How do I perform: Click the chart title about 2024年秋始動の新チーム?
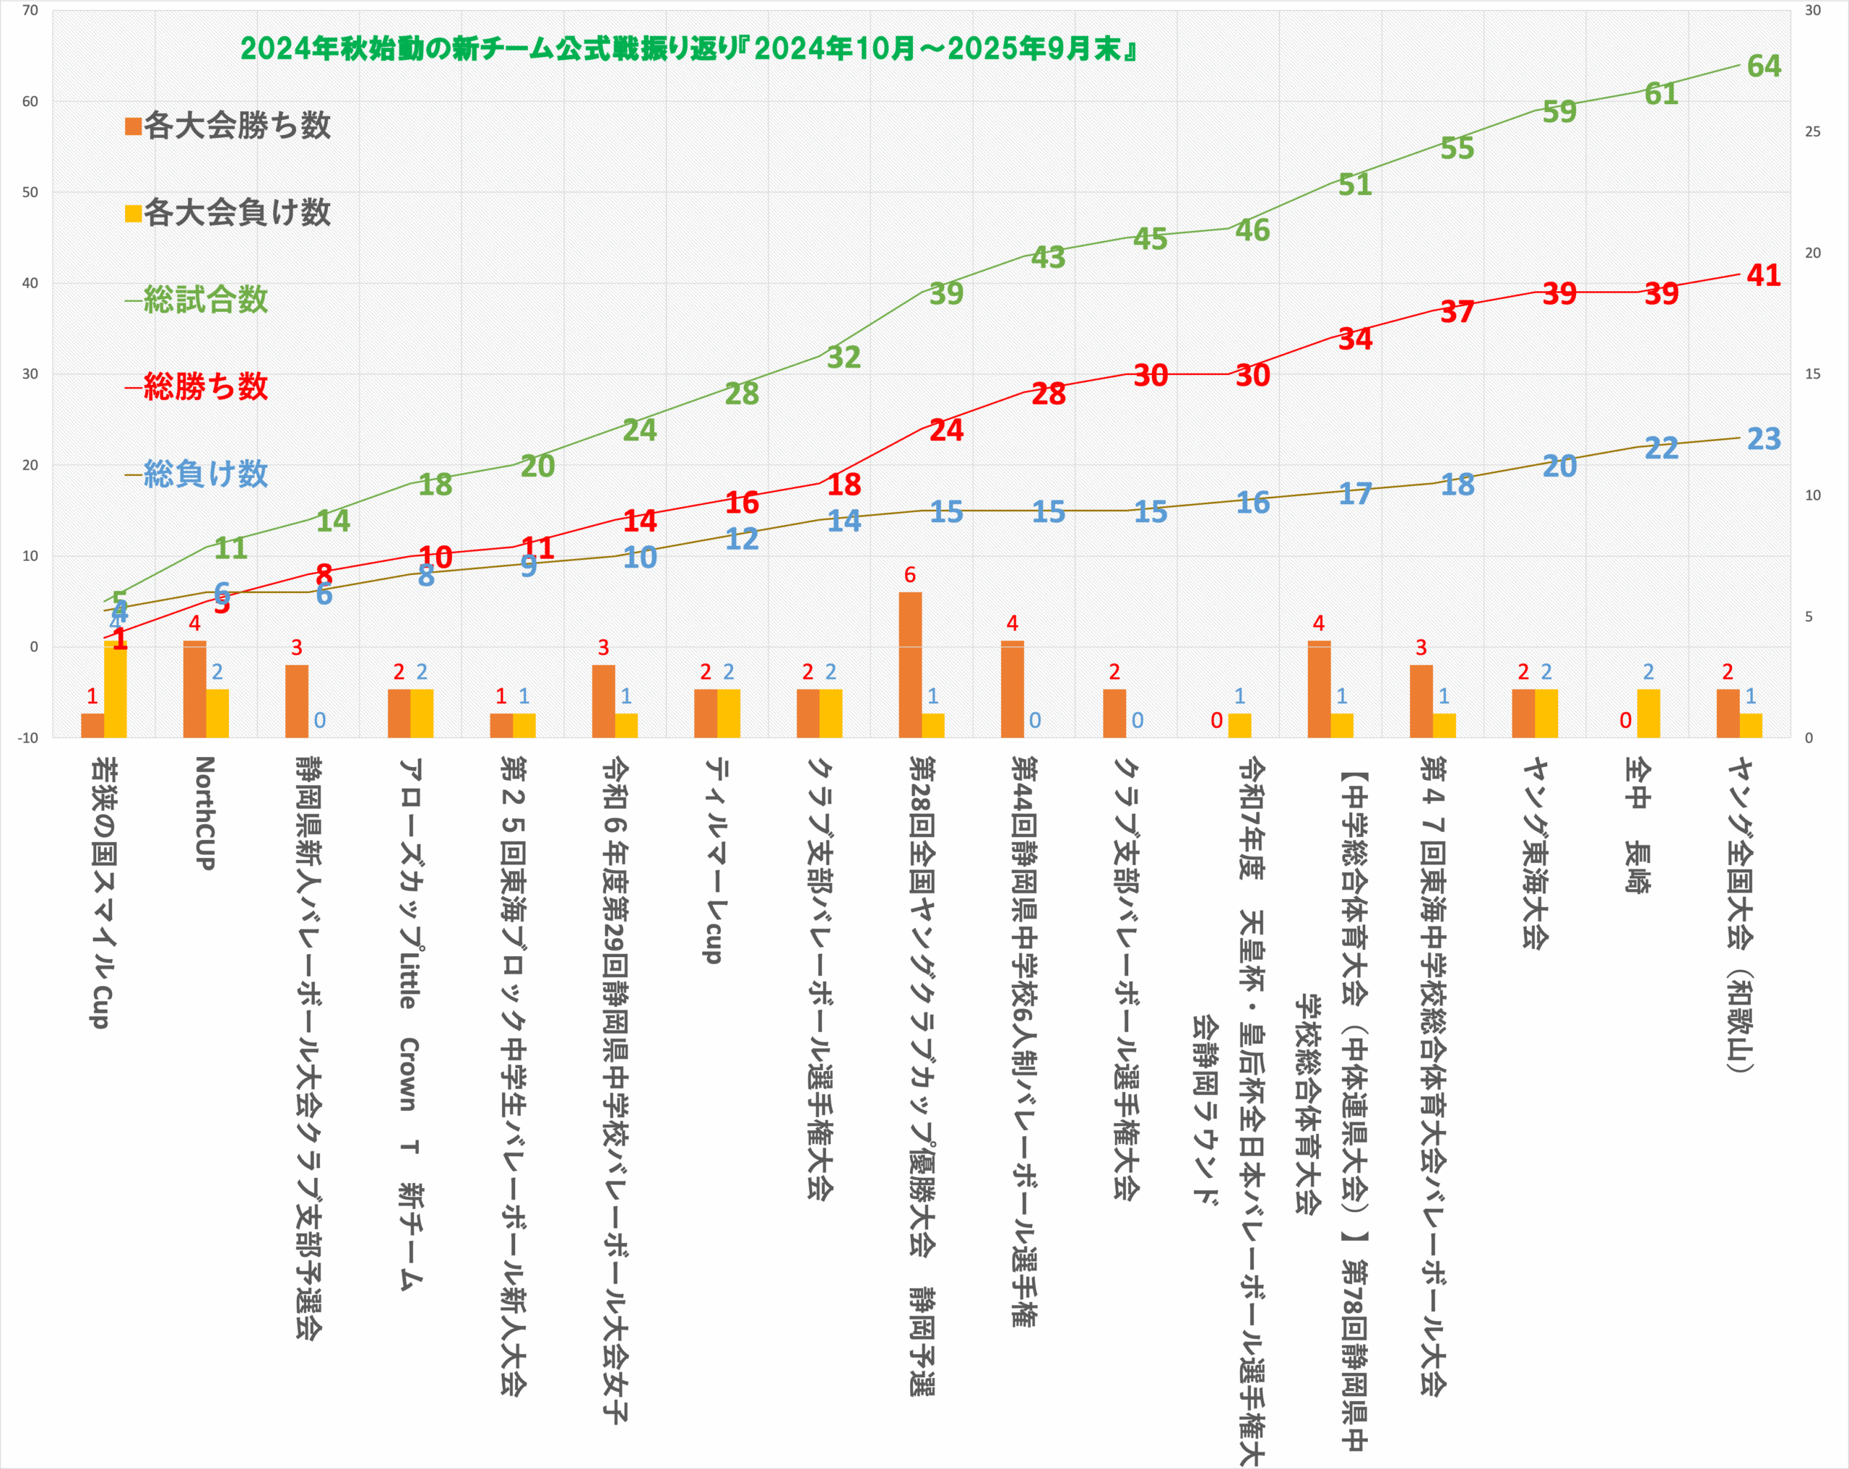pyautogui.click(x=688, y=49)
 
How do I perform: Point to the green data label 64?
pyautogui.click(x=1763, y=66)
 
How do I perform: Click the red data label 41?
pyautogui.click(x=1763, y=275)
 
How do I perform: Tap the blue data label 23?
pyautogui.click(x=1763, y=439)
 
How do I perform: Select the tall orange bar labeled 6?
pyautogui.click(x=910, y=664)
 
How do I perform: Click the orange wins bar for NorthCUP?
pyautogui.click(x=195, y=688)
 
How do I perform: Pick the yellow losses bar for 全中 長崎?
pyautogui.click(x=1648, y=713)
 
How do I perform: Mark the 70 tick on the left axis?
pyautogui.click(x=30, y=10)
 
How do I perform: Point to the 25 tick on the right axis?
pyautogui.click(x=1812, y=131)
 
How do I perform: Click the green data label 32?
pyautogui.click(x=844, y=357)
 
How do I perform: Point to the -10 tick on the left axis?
pyautogui.click(x=27, y=737)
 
